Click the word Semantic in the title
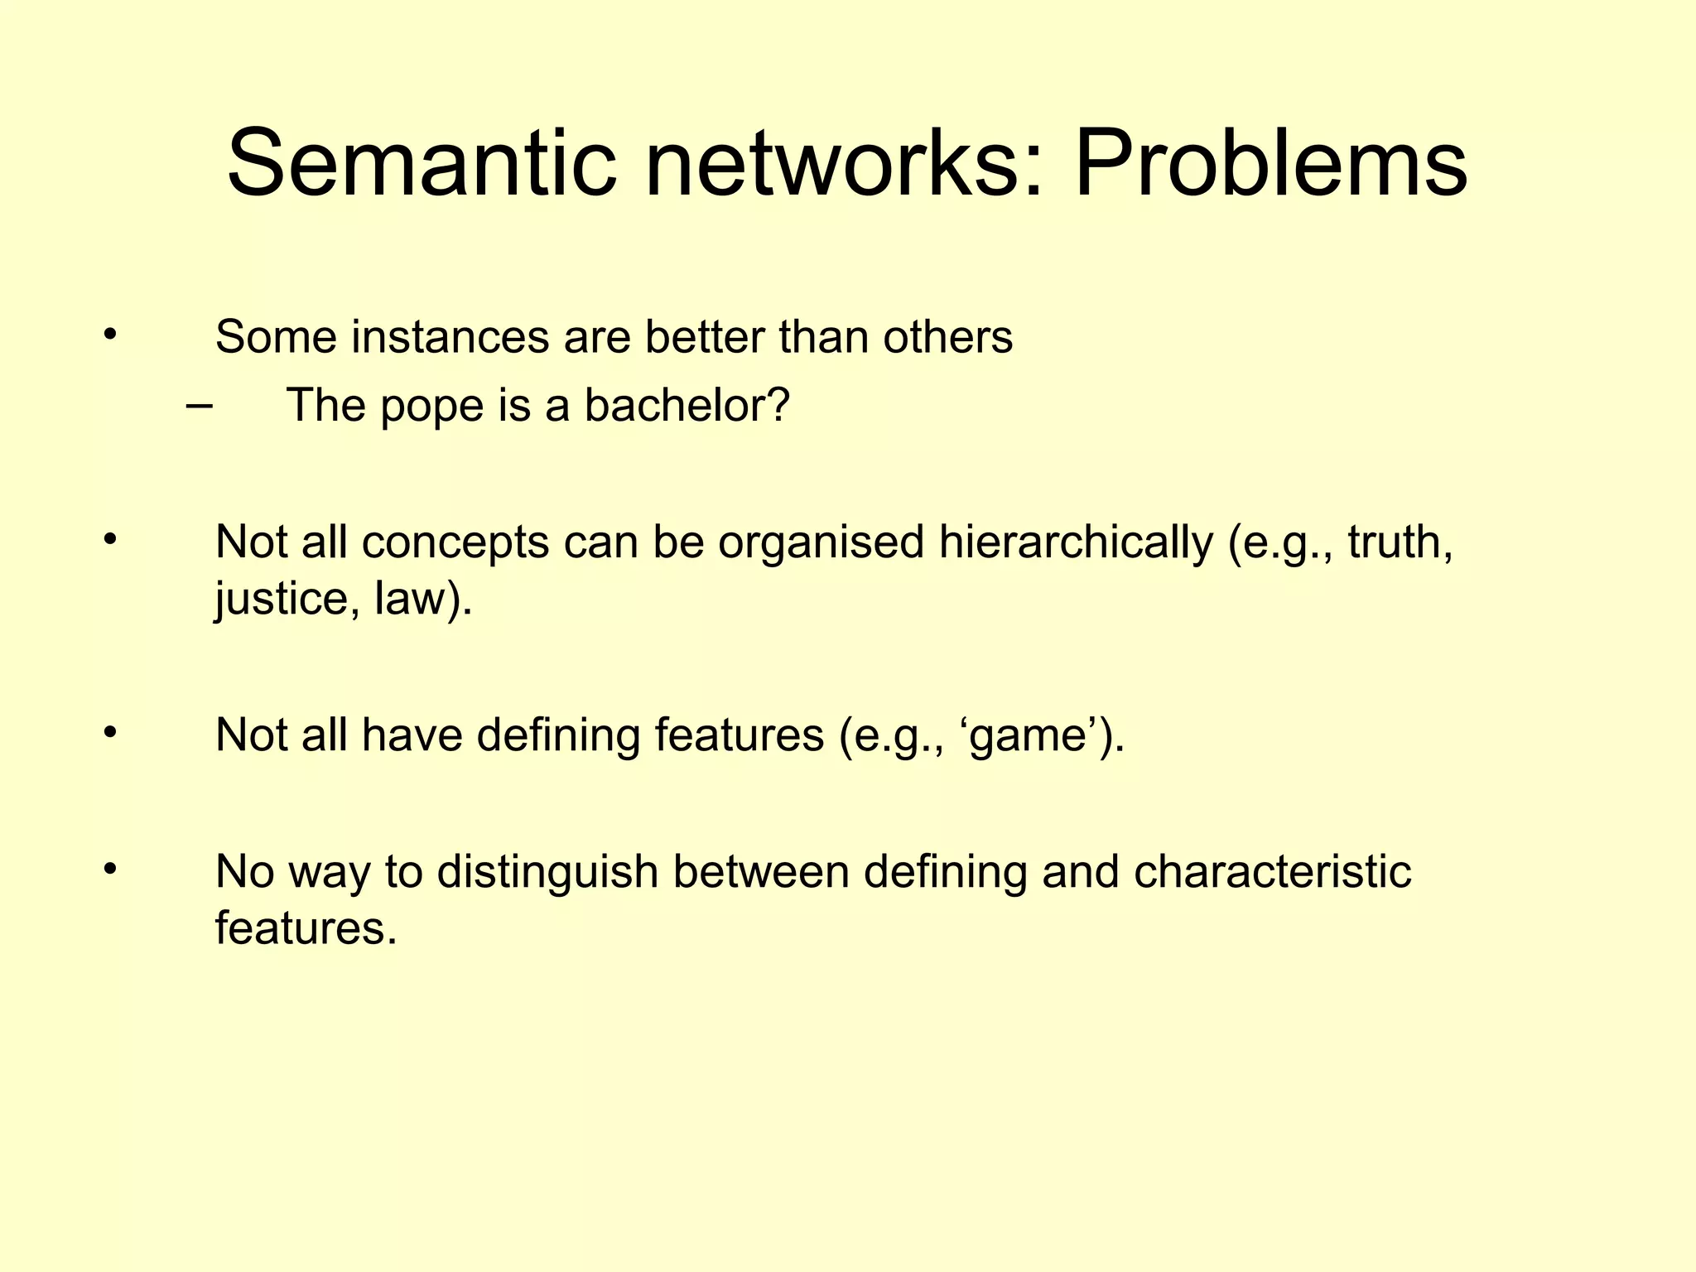[422, 163]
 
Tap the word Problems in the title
[1270, 163]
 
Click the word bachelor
[687, 406]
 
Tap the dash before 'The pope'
[199, 406]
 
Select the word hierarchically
[1076, 542]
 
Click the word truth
[1400, 542]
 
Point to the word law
[414, 597]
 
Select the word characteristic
[1272, 872]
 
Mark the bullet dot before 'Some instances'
[109, 335]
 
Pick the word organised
[820, 544]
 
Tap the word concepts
[455, 544]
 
